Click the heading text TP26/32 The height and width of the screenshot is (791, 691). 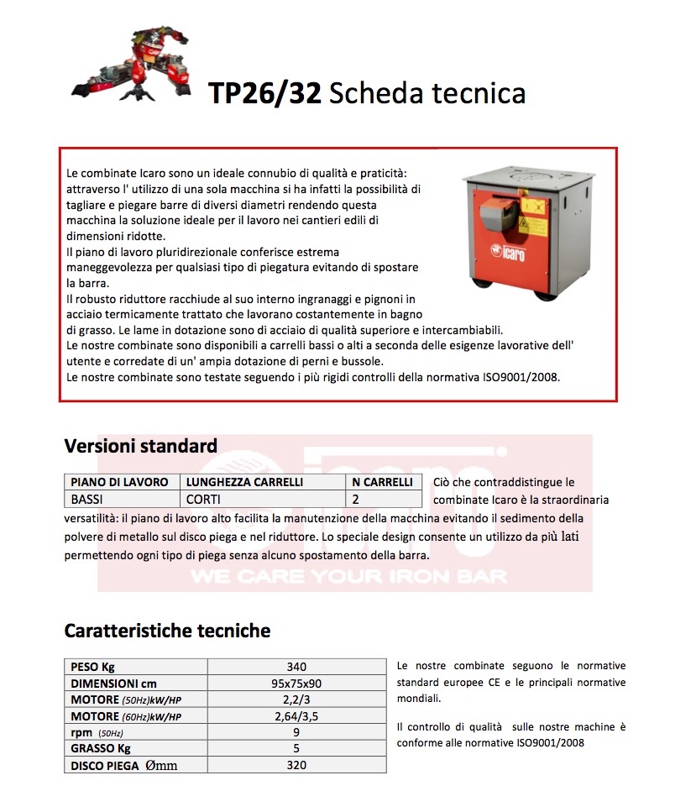pyautogui.click(x=264, y=92)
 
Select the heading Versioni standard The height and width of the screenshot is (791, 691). pyautogui.click(x=140, y=446)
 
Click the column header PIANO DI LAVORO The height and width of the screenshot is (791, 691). pyautogui.click(x=119, y=482)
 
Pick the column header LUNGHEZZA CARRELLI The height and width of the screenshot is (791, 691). pyautogui.click(x=244, y=482)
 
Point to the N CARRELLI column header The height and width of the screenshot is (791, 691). pyautogui.click(x=383, y=482)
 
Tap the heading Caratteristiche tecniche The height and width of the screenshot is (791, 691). pyautogui.click(x=167, y=630)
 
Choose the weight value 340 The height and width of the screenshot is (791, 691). pyautogui.click(x=296, y=667)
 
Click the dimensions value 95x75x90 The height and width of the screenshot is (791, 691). pyautogui.click(x=296, y=684)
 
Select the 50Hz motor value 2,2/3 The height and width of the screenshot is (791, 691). pyautogui.click(x=296, y=699)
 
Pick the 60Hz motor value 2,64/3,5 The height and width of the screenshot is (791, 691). pyautogui.click(x=296, y=716)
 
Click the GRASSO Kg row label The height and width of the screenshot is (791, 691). pyautogui.click(x=101, y=748)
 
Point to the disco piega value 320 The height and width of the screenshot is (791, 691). pyautogui.click(x=296, y=765)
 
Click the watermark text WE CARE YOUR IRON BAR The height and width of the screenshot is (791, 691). pyautogui.click(x=348, y=577)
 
